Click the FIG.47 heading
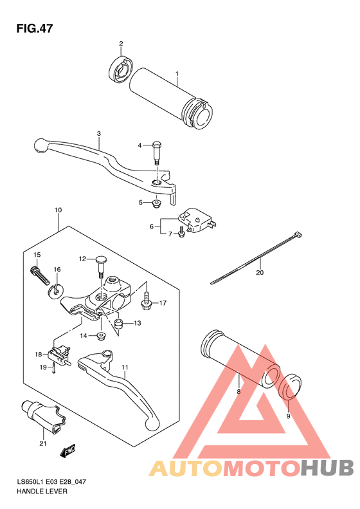(35, 28)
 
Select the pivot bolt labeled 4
(157, 153)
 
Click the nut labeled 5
(156, 203)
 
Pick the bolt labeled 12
(100, 266)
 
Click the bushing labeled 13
(118, 323)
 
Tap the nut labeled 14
(101, 335)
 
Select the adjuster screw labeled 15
(40, 274)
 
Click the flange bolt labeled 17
(146, 301)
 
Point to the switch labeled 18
(59, 355)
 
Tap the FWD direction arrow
(67, 451)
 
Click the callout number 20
(260, 273)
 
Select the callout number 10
(58, 210)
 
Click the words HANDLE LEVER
(42, 492)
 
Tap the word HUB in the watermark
(327, 468)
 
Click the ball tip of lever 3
(40, 145)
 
